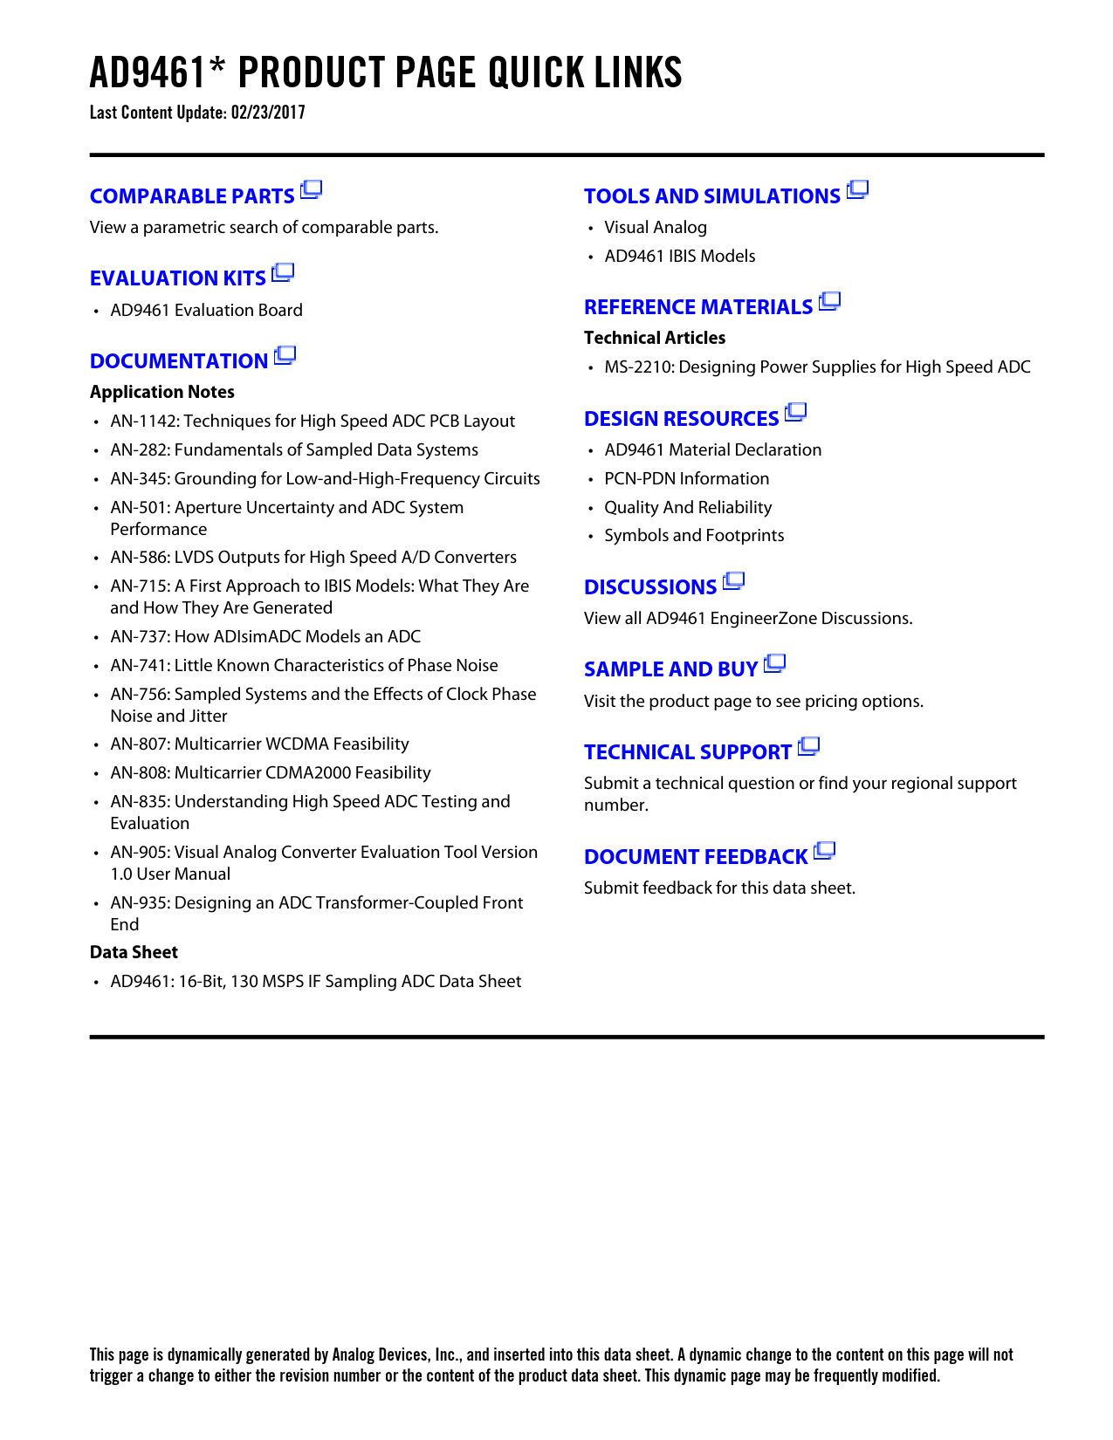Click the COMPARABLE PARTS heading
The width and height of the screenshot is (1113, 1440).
point(192,196)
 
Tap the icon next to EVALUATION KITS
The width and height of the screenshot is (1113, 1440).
point(283,273)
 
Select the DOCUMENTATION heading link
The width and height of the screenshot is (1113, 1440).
point(179,361)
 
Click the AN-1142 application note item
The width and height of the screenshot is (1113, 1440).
point(313,422)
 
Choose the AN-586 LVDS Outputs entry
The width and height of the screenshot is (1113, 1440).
point(313,558)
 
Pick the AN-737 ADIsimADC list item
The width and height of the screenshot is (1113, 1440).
point(265,637)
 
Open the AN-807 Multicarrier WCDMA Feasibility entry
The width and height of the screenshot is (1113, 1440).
point(259,744)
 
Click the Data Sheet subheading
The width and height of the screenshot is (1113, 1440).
point(134,952)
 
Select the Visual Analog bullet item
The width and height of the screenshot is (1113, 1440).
point(656,228)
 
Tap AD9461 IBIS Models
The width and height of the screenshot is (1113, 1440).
point(680,257)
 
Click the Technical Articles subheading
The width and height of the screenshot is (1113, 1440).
point(655,338)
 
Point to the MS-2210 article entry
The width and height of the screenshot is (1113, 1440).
point(817,367)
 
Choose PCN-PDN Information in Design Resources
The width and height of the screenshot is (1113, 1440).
point(687,479)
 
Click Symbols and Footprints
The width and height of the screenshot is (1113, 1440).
point(694,536)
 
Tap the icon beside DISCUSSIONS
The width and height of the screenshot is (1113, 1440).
point(734,580)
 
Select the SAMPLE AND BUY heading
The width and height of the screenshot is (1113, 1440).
point(670,669)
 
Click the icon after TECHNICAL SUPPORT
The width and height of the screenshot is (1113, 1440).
point(809,746)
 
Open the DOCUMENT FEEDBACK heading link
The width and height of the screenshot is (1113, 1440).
point(696,857)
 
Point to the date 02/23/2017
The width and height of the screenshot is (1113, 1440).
point(268,113)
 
